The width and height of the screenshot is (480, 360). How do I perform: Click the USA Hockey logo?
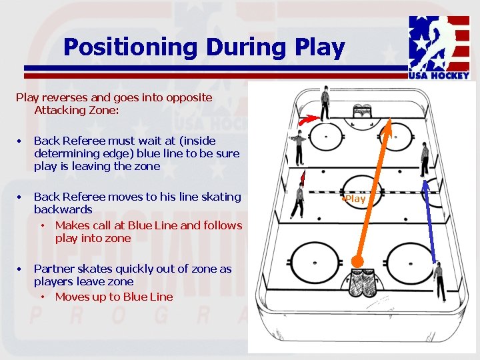tap(439, 48)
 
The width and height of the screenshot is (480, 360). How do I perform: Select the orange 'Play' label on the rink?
tap(355, 199)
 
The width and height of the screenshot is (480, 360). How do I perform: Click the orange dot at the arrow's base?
tap(359, 261)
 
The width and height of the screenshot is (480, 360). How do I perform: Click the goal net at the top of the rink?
tap(362, 111)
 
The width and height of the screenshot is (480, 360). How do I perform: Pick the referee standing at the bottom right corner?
tap(438, 280)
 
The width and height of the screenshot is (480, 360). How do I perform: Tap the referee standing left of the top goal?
tap(325, 104)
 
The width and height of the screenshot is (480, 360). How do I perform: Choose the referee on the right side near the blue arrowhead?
tap(425, 159)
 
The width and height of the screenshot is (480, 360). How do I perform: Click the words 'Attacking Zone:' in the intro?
tap(77, 110)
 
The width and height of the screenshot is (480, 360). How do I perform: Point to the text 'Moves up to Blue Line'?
tap(114, 297)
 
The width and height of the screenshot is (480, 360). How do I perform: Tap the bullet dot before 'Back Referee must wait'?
tap(21, 141)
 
